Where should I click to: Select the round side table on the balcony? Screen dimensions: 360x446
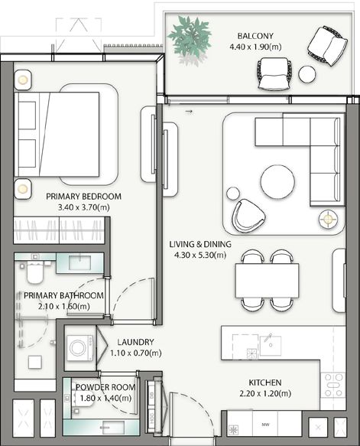click(x=306, y=74)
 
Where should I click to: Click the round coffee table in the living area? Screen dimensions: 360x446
click(x=277, y=181)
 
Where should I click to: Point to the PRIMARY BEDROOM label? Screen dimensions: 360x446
click(x=83, y=197)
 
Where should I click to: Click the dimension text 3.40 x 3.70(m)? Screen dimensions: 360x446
click(x=83, y=207)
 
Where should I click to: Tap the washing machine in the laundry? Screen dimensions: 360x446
click(x=79, y=348)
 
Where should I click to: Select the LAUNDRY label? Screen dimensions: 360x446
click(x=135, y=342)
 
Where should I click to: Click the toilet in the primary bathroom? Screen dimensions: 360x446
click(x=34, y=272)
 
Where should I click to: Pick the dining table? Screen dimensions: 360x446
click(x=267, y=281)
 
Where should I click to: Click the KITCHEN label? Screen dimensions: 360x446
click(x=265, y=383)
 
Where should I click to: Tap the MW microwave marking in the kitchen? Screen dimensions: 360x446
click(x=265, y=425)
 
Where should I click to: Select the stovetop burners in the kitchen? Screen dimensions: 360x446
click(x=333, y=385)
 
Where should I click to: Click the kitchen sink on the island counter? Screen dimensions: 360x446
click(x=271, y=346)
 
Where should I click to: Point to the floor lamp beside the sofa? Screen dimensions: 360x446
click(x=328, y=219)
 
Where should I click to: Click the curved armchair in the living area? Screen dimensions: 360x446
click(x=248, y=215)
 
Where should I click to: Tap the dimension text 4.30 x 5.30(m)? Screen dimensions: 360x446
click(x=200, y=255)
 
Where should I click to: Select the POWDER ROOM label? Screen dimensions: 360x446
click(x=105, y=387)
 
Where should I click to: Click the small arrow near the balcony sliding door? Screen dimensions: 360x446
click(x=189, y=112)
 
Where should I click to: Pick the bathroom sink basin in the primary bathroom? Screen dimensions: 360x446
click(x=79, y=263)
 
